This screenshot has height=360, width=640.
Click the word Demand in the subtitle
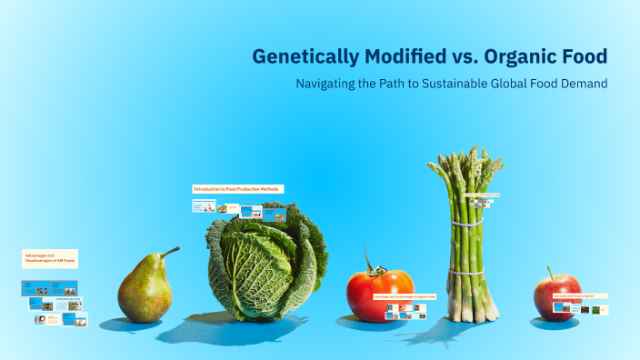[x=583, y=84]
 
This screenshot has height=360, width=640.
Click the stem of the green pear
[x=170, y=251]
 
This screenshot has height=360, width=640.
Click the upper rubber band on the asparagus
[x=465, y=222]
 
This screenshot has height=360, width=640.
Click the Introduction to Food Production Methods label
[x=236, y=189]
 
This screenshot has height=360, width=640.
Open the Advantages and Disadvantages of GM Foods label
[x=50, y=259]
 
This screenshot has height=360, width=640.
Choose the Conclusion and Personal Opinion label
[x=578, y=296]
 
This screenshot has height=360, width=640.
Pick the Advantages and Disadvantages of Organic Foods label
[x=405, y=296]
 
